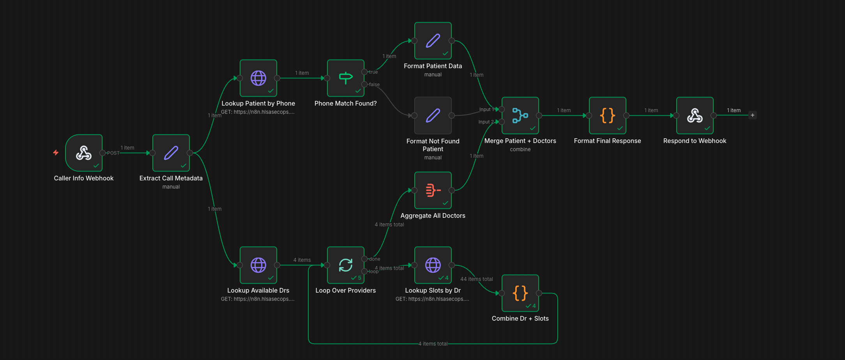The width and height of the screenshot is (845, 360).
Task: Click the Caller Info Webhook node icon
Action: (x=83, y=153)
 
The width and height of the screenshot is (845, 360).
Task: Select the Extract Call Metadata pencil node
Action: (x=171, y=153)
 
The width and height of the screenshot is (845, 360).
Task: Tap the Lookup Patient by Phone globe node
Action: (x=258, y=78)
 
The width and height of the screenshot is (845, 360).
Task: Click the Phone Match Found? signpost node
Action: (x=345, y=78)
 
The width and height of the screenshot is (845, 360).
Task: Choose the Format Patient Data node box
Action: (x=433, y=41)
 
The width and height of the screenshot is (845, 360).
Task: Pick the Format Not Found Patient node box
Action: (x=433, y=115)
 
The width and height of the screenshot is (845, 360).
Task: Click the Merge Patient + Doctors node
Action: (x=520, y=115)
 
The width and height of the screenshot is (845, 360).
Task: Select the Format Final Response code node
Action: (x=607, y=115)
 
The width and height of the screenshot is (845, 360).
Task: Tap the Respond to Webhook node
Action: (x=695, y=115)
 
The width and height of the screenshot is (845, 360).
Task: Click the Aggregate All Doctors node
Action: (x=433, y=190)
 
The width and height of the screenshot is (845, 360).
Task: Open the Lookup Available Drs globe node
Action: (x=258, y=265)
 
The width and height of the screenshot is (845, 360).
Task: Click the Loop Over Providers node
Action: (x=345, y=265)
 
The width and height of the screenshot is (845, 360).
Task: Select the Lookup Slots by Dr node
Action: (x=433, y=265)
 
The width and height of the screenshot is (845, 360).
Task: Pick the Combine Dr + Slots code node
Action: (x=520, y=293)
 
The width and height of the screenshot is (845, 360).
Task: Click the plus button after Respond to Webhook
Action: (x=752, y=115)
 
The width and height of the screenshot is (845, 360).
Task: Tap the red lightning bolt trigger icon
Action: (x=56, y=153)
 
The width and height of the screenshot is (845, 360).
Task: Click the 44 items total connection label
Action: (x=476, y=279)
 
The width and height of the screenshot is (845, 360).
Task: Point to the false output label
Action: (x=374, y=85)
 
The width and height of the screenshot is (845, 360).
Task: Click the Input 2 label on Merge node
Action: (x=486, y=122)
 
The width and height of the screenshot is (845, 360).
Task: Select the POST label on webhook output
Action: (x=113, y=153)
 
